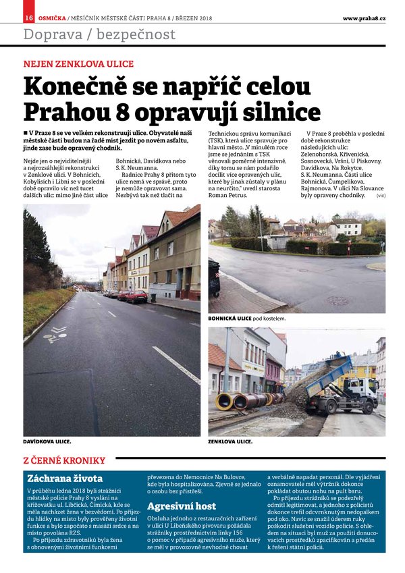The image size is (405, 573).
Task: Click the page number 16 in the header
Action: pos(29,18)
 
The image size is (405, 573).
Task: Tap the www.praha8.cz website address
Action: pos(364,18)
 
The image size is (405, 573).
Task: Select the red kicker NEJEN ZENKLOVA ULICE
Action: pos(78,64)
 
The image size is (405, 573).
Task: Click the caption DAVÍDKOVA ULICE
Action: pos(47,441)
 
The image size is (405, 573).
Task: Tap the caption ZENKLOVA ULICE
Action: pos(230,441)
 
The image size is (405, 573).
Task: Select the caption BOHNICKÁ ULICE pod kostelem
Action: pos(247,317)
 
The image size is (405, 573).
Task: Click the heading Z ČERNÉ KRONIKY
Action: pos(65,460)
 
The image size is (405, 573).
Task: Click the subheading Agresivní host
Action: pos(182,506)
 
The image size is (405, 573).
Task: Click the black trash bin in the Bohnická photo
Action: pos(215,277)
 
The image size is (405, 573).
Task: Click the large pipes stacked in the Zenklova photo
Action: pos(243,400)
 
